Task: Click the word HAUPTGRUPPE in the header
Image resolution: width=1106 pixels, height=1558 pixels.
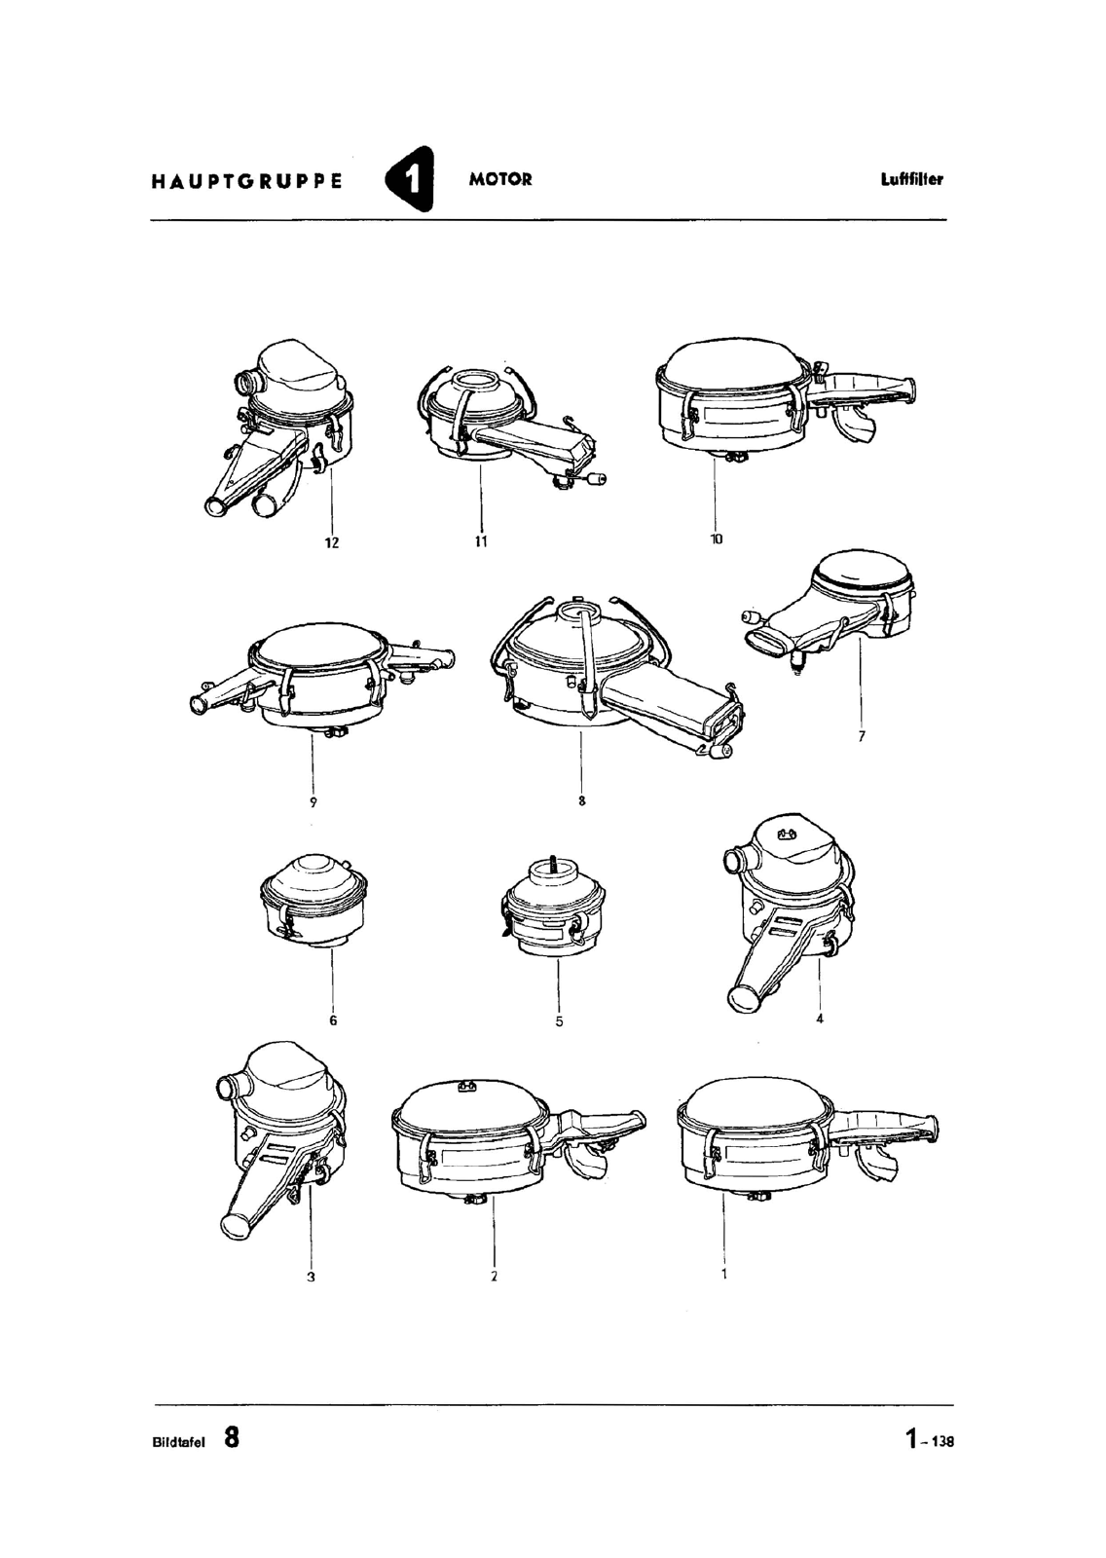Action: [x=247, y=181]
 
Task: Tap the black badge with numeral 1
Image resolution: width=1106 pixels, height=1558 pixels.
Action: [x=411, y=179]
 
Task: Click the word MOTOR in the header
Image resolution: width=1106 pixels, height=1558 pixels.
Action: [x=500, y=179]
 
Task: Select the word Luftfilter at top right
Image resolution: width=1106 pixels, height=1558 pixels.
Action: [x=912, y=179]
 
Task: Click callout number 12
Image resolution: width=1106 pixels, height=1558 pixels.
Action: [x=332, y=542]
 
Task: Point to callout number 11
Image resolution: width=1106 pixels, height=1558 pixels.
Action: [x=481, y=541]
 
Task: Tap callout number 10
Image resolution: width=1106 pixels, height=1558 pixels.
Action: [x=717, y=538]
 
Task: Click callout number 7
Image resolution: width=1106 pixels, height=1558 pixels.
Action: [x=862, y=736]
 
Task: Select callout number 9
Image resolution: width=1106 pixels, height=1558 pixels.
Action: [x=313, y=802]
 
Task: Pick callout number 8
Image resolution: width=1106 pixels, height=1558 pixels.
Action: [x=581, y=800]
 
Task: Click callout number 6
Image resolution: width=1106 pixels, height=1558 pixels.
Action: [x=333, y=1020]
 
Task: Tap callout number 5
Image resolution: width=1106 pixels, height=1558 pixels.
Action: [x=559, y=1021]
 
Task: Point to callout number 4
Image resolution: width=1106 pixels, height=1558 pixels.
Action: [x=820, y=1019]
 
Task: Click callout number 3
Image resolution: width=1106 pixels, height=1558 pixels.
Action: [x=311, y=1277]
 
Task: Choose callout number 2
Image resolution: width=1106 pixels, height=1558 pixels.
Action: [x=494, y=1277]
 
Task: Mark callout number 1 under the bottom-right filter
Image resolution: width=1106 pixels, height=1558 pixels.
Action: [x=724, y=1275]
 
